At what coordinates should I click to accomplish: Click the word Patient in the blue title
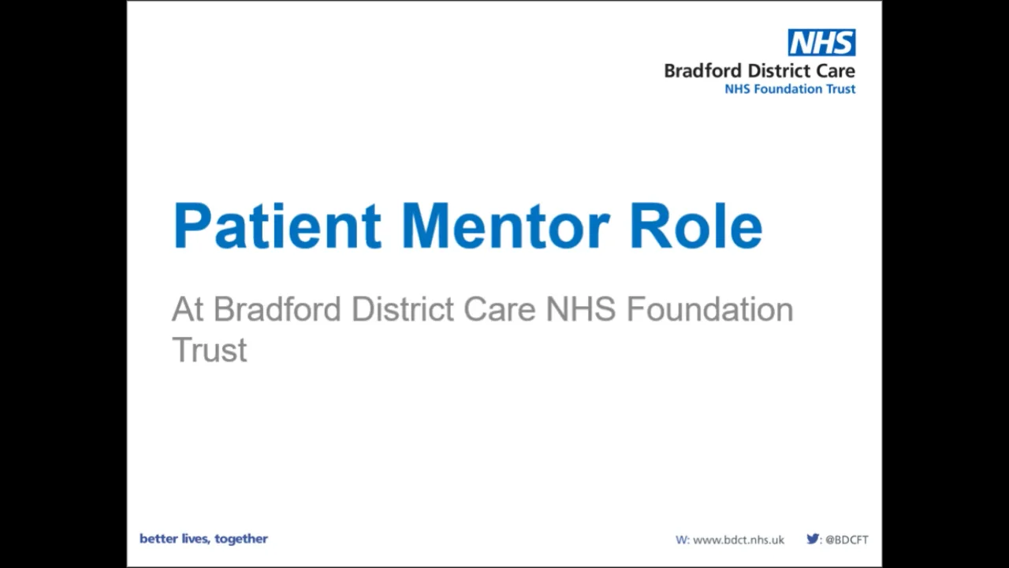pos(277,226)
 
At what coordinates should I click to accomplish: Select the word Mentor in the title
pos(504,226)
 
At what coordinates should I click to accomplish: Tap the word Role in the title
pos(695,226)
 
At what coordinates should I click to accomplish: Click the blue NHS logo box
pos(821,43)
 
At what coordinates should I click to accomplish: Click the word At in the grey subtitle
pos(188,309)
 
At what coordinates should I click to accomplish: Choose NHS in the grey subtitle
pos(580,309)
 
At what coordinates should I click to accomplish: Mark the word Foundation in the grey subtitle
pos(709,309)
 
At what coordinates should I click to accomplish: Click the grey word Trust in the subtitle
pos(209,350)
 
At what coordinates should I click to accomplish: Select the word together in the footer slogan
pos(241,540)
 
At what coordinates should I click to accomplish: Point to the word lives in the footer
pos(195,539)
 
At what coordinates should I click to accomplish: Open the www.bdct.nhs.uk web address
pos(739,540)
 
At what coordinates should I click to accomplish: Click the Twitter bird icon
pos(812,540)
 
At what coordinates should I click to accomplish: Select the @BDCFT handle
pos(847,540)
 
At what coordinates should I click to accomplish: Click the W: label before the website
pos(682,540)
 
